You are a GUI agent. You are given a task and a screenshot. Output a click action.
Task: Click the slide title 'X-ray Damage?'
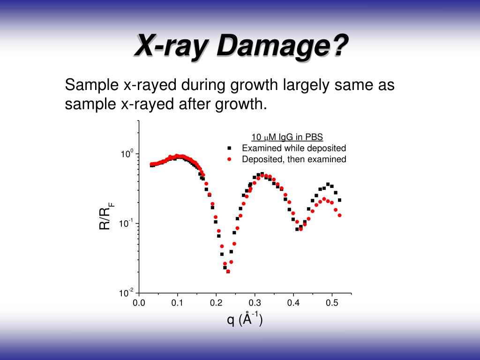click(241, 47)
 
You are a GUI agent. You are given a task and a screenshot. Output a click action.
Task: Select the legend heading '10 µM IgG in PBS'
click(287, 137)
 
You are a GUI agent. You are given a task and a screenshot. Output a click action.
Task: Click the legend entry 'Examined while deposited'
click(294, 148)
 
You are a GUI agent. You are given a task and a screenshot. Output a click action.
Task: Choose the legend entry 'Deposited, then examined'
click(294, 159)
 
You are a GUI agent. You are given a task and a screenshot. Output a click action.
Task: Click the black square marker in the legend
click(230, 148)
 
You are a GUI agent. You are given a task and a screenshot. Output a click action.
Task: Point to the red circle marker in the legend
click(230, 159)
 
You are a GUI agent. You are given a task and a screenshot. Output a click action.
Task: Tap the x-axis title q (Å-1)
click(244, 320)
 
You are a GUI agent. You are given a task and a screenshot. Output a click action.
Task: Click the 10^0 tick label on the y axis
click(128, 154)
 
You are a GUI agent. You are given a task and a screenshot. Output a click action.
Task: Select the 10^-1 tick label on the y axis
click(127, 224)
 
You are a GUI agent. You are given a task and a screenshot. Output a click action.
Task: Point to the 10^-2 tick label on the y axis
click(127, 293)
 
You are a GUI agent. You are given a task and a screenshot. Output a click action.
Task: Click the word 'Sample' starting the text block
click(91, 86)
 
